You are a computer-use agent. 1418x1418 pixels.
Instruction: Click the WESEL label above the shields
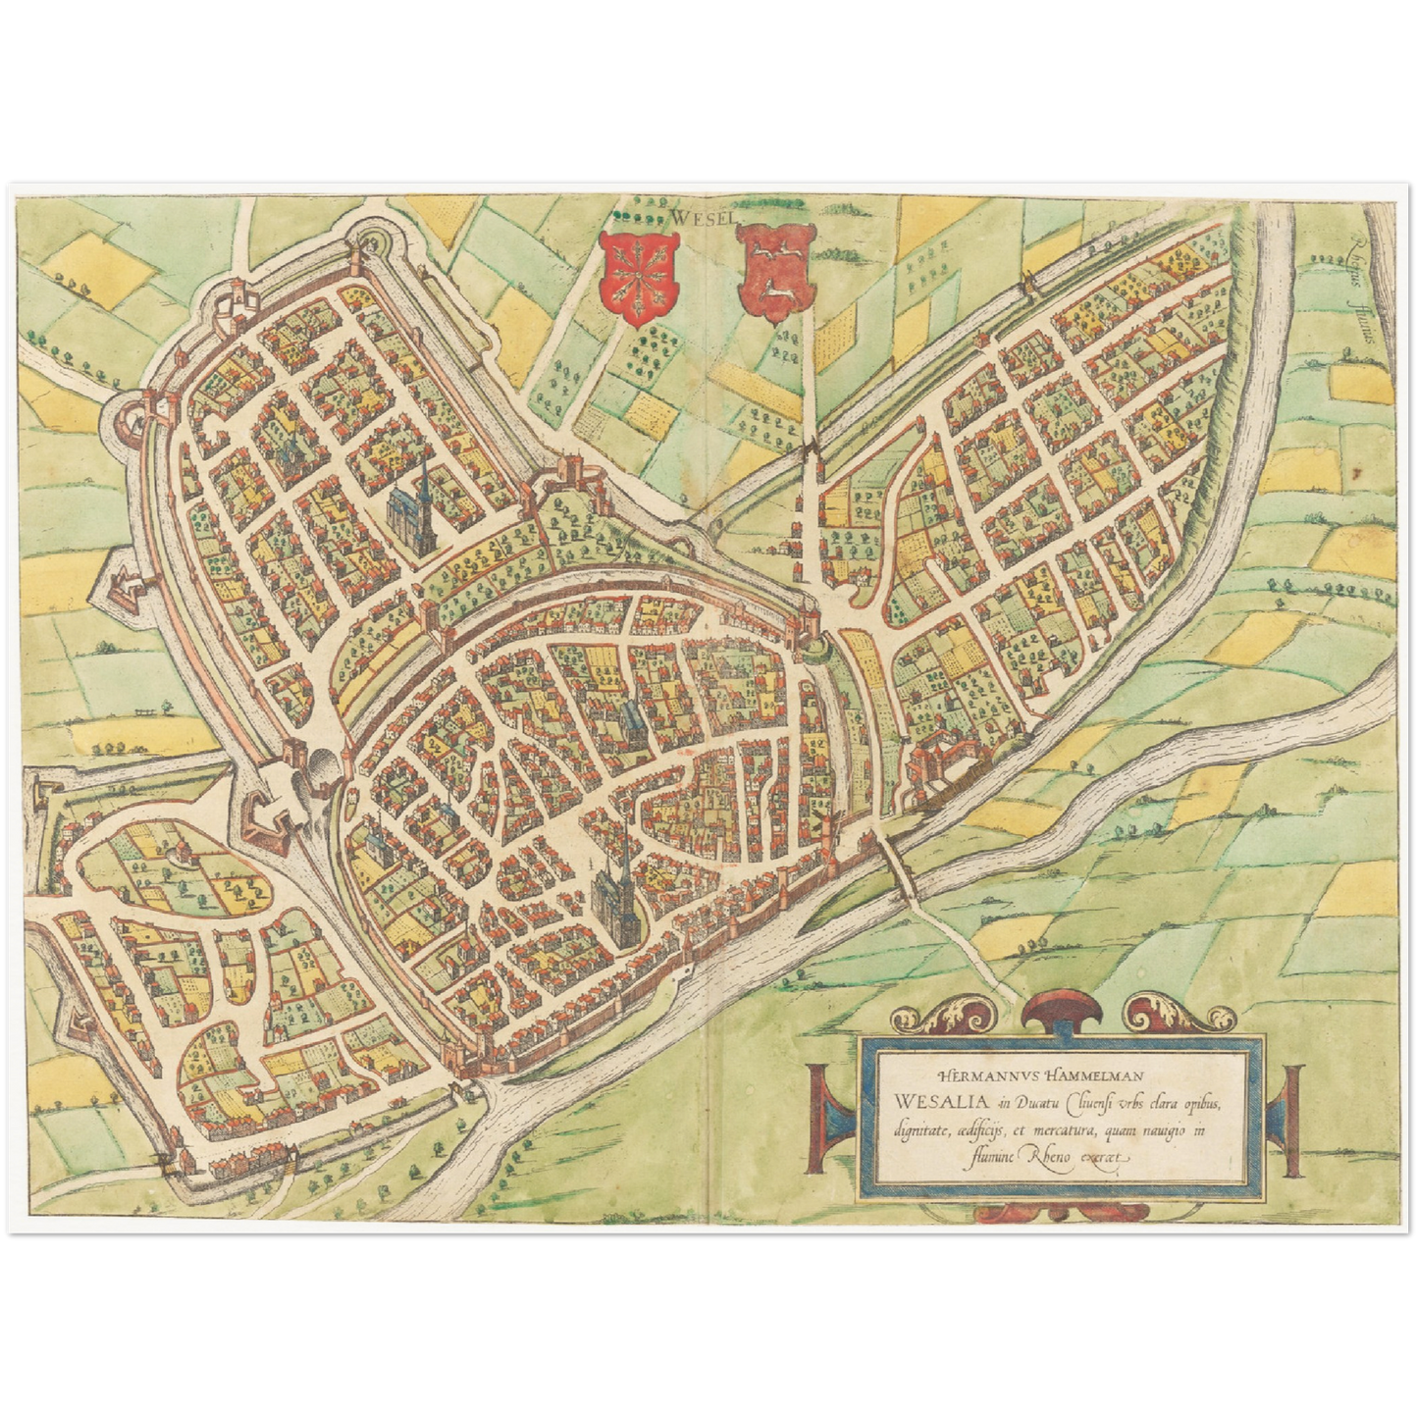click(704, 217)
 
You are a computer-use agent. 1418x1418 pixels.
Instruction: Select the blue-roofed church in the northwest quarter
click(412, 507)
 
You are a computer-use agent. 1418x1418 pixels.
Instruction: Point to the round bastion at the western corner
click(130, 421)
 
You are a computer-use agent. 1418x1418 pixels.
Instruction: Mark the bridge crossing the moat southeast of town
click(898, 867)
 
